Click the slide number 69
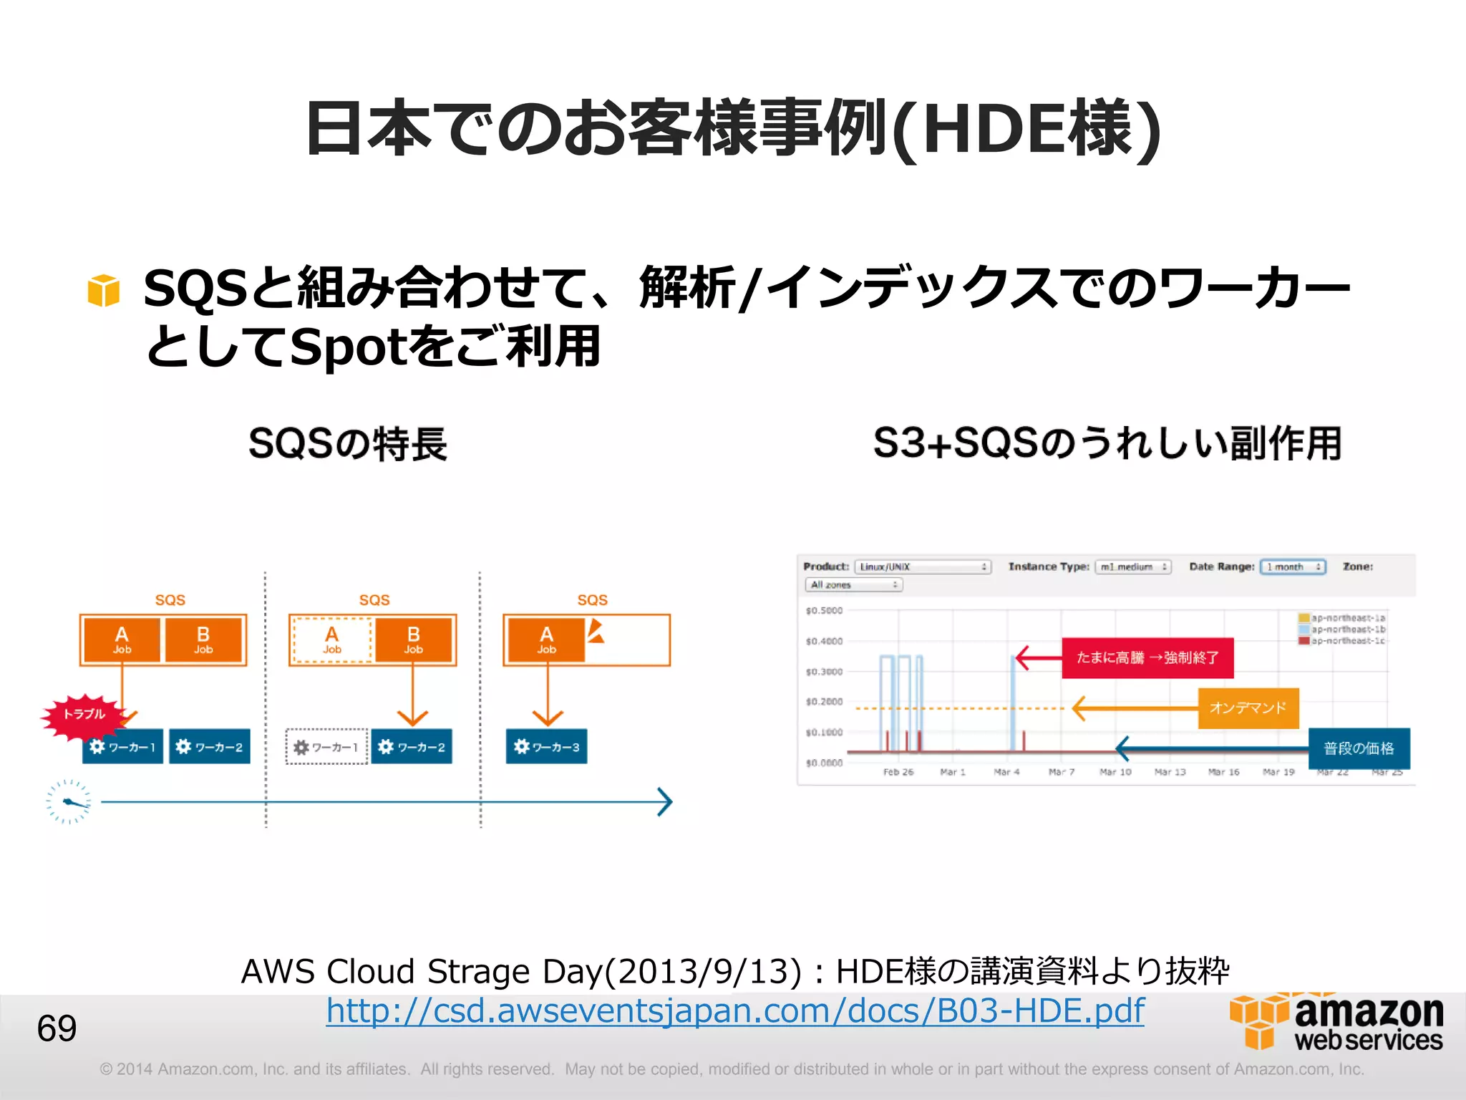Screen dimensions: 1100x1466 point(57,1028)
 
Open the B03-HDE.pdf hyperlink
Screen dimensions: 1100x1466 point(735,1010)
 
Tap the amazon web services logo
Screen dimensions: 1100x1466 point(1336,1022)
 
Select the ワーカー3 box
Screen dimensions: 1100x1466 point(546,747)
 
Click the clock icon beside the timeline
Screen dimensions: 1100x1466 point(69,801)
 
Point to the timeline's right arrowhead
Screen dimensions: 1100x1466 point(666,802)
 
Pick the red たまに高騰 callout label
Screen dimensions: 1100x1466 point(1147,657)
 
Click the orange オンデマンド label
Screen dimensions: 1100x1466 point(1248,708)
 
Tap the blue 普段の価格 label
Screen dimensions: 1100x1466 point(1359,748)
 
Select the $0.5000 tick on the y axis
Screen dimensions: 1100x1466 point(824,611)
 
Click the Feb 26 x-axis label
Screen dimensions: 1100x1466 point(898,772)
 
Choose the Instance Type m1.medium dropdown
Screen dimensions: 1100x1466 point(1133,567)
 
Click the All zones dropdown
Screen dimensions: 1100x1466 point(853,585)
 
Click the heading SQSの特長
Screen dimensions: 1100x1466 point(348,443)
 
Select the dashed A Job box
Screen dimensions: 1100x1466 point(331,640)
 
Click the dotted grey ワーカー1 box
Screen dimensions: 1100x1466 point(326,747)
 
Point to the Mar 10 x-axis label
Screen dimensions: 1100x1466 point(1115,772)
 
